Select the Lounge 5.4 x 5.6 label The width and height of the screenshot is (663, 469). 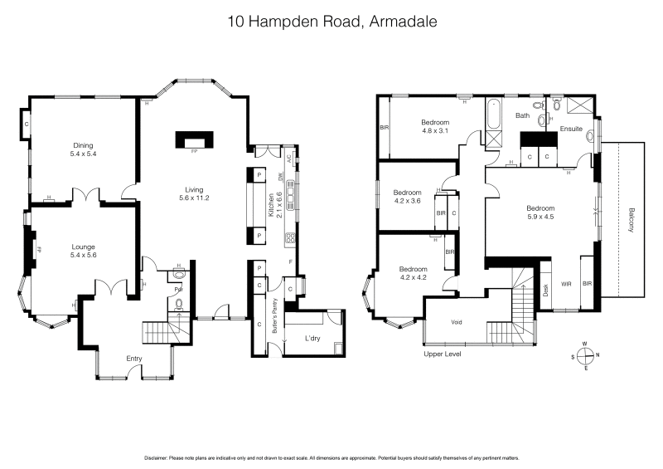pos(84,251)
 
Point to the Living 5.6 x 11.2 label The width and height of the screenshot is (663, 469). pos(194,193)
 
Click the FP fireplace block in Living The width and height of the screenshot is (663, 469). pos(193,139)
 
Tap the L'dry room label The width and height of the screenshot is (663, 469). pos(312,338)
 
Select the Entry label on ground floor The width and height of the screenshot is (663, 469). pos(133,358)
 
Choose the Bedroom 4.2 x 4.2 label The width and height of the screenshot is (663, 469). pos(412,273)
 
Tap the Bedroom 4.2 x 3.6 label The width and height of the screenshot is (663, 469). pos(407,196)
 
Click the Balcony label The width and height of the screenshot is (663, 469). pos(632,220)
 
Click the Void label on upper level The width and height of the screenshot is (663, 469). pos(456,322)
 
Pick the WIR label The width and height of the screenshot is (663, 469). pos(567,285)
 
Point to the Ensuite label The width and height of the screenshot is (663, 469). pos(571,130)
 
